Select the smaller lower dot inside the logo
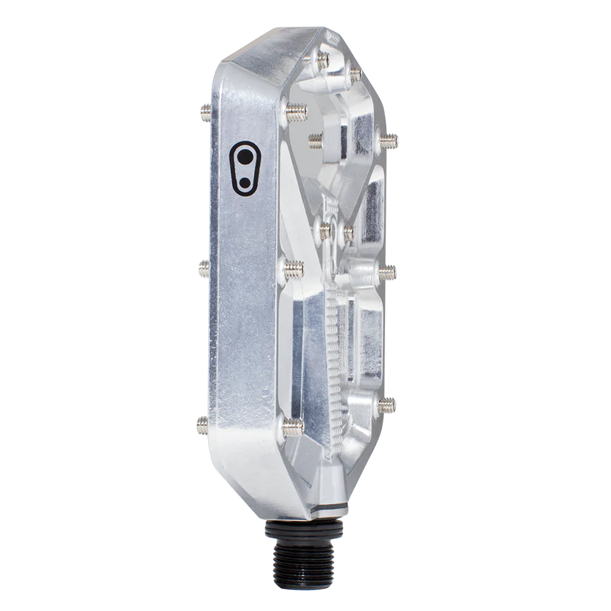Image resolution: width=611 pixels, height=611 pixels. click(244, 181)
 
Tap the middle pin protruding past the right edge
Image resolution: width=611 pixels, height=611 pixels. click(388, 272)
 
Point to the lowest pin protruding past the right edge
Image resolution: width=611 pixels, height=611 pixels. click(386, 405)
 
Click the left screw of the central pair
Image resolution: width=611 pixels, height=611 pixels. click(324, 230)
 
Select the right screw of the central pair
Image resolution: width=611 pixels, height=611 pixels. click(348, 234)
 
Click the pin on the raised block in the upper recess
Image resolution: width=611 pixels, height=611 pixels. click(316, 139)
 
